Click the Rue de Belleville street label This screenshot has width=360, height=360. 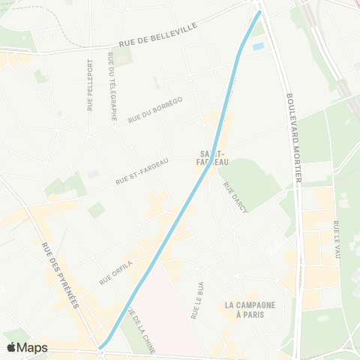157,35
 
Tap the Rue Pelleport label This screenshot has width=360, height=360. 90,85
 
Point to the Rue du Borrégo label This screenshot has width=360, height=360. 155,109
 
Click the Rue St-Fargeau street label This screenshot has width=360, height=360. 142,171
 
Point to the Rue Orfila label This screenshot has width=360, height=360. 116,272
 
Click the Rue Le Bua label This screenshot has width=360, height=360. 196,298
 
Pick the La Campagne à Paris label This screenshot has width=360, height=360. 250,310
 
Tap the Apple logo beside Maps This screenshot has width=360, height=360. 12,347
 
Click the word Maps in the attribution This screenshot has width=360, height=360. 32,347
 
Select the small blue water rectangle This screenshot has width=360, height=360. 259,46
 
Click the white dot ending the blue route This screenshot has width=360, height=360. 100,350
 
